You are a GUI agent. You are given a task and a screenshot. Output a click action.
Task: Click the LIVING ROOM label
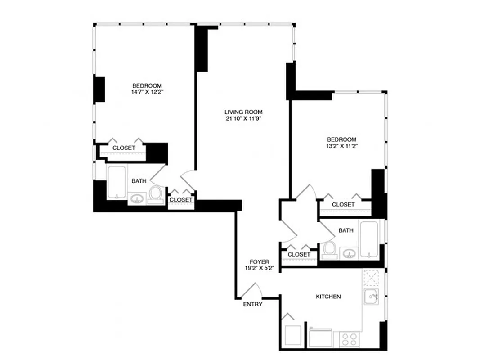click(x=243, y=112)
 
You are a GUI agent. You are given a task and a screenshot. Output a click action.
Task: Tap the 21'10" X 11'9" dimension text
click(x=243, y=119)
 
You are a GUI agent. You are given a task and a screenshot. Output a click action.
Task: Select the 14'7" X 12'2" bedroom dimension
click(x=147, y=92)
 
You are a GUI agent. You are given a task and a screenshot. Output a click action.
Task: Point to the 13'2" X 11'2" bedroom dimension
click(x=341, y=146)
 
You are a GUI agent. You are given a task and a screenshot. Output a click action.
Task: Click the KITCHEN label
click(x=328, y=297)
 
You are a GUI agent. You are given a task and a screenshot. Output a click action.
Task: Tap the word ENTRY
click(x=252, y=304)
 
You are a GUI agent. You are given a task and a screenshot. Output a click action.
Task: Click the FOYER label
click(x=260, y=262)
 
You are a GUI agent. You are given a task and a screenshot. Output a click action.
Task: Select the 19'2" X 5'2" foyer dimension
click(x=260, y=268)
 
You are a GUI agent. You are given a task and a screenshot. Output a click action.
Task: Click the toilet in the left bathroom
click(x=156, y=194)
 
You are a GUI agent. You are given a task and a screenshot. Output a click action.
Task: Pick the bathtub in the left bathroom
click(x=117, y=182)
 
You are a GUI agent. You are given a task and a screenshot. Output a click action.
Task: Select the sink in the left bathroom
click(x=136, y=198)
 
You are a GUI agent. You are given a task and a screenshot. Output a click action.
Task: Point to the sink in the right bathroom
click(x=349, y=254)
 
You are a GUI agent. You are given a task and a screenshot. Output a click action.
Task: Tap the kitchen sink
click(x=371, y=297)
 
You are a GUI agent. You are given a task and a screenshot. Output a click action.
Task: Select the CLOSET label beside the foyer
click(x=299, y=254)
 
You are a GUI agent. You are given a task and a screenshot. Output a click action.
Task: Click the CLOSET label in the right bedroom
click(x=343, y=205)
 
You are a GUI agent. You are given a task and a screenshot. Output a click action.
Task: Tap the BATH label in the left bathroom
click(x=139, y=181)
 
